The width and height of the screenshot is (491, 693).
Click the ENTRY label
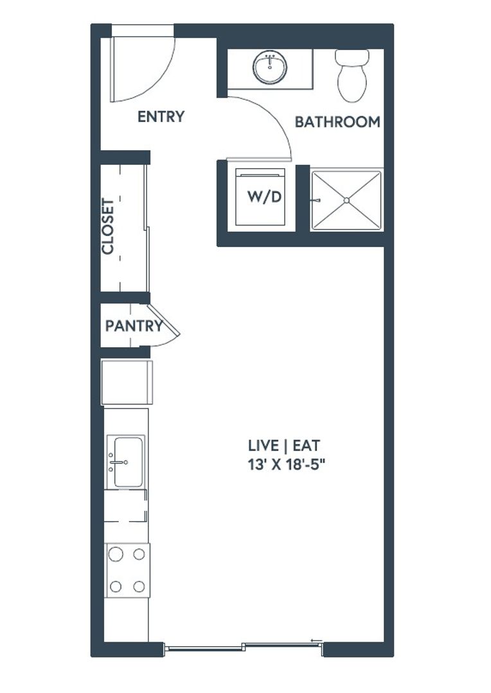pyautogui.click(x=161, y=117)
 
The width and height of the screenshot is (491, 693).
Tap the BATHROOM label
pyautogui.click(x=337, y=122)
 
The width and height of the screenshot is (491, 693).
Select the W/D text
pyautogui.click(x=264, y=197)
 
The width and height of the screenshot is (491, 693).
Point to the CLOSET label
pyautogui.click(x=108, y=227)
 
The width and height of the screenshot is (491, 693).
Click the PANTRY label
pyautogui.click(x=134, y=326)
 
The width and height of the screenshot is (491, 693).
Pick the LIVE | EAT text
pyautogui.click(x=284, y=445)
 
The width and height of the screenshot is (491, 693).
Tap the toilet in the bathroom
pyautogui.click(x=352, y=76)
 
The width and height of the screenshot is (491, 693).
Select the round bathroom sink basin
pyautogui.click(x=270, y=67)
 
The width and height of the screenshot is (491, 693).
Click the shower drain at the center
pyautogui.click(x=346, y=201)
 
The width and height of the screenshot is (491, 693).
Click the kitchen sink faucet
pyautogui.click(x=118, y=462)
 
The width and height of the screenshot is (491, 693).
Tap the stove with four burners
pyautogui.click(x=127, y=570)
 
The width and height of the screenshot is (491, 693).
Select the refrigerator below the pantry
pyautogui.click(x=127, y=382)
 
